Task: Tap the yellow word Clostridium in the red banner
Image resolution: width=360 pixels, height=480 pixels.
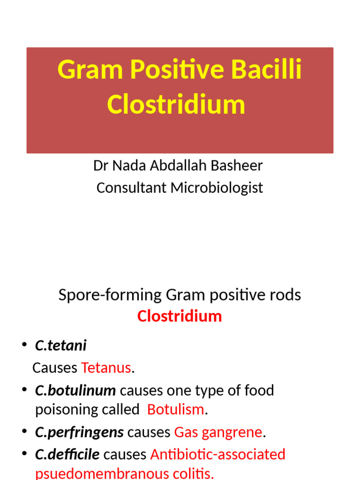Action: (176, 105)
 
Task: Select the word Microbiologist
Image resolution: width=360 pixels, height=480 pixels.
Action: (217, 187)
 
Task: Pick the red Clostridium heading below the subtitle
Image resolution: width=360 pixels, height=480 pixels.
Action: (180, 316)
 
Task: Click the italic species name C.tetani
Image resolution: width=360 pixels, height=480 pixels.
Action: (60, 346)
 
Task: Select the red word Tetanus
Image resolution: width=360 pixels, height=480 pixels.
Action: (106, 368)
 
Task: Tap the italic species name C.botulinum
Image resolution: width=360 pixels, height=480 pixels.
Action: (75, 390)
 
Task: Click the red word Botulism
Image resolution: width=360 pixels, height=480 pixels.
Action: (176, 410)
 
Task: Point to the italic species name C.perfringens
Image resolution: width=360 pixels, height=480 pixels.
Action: (79, 432)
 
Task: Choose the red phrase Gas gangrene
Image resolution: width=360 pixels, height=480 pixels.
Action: (218, 432)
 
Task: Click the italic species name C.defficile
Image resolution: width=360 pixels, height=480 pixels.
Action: (67, 454)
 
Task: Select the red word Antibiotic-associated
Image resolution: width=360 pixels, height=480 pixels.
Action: (217, 454)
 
